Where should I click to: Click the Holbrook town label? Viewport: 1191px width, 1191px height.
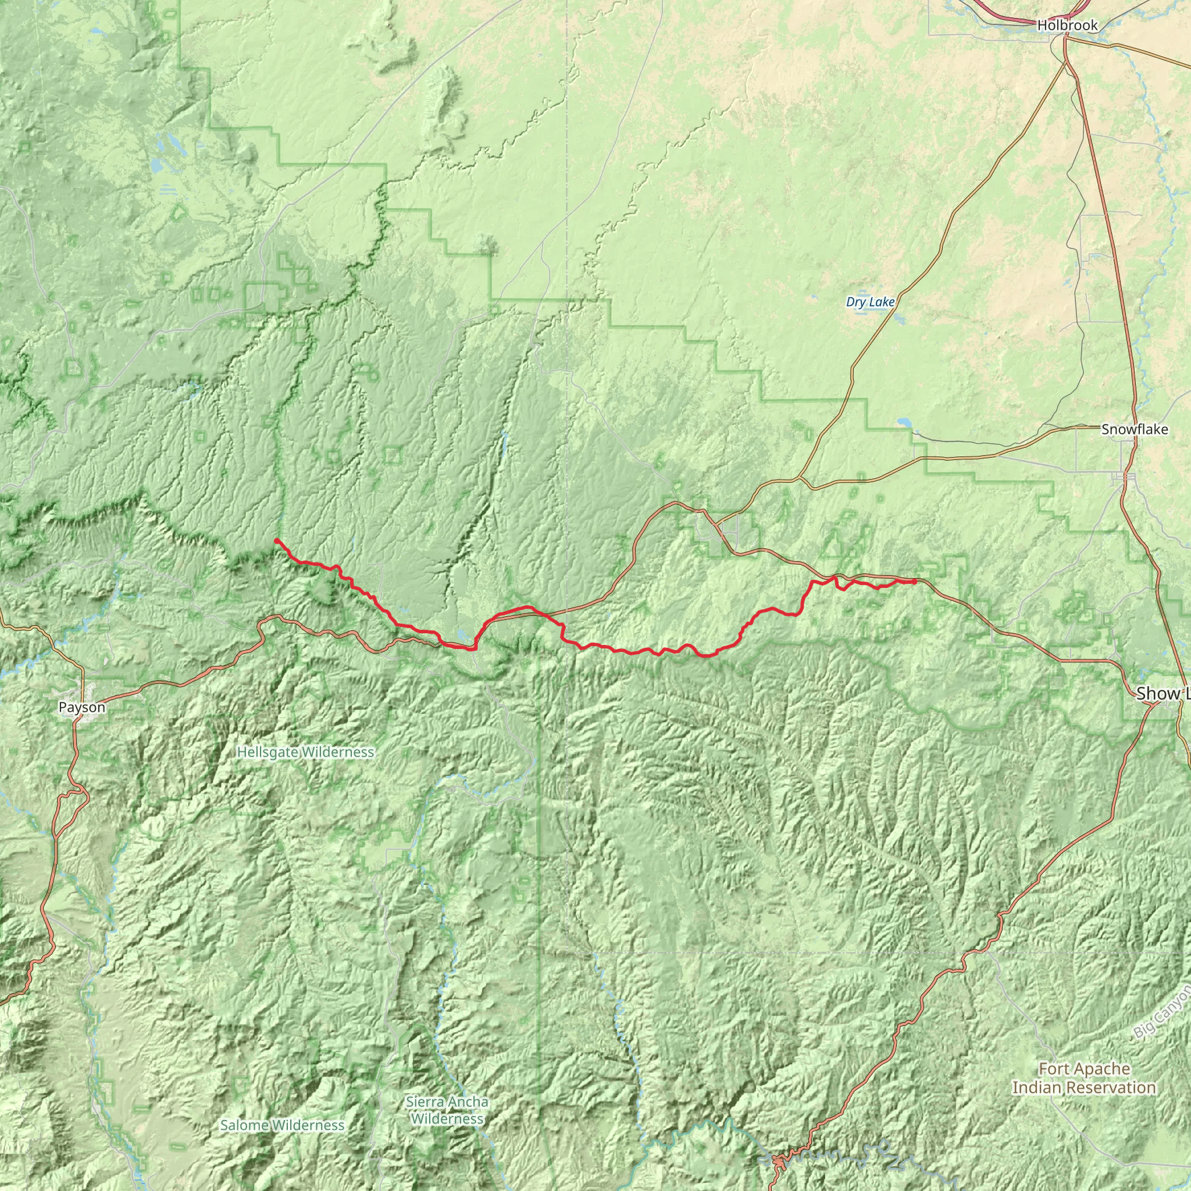1067,25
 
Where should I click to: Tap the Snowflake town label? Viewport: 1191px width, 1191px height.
1134,430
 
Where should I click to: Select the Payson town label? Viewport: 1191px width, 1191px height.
82,707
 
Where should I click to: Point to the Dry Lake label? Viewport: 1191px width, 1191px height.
870,302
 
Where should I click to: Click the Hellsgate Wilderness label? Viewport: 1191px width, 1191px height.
305,752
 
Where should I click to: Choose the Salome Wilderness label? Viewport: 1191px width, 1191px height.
282,1125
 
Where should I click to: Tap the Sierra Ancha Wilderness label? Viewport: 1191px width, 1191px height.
448,1110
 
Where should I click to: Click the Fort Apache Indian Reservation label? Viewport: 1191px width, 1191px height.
1084,1078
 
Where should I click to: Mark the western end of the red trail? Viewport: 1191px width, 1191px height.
276,540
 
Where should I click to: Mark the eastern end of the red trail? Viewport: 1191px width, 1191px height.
915,582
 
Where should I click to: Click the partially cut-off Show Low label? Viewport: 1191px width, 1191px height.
1163,694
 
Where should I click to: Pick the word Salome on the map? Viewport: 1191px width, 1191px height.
244,1125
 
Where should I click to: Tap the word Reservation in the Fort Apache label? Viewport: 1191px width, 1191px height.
1118,1087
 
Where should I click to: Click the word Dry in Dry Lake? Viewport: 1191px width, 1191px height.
855,302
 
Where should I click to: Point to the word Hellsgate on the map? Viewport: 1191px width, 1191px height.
268,752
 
